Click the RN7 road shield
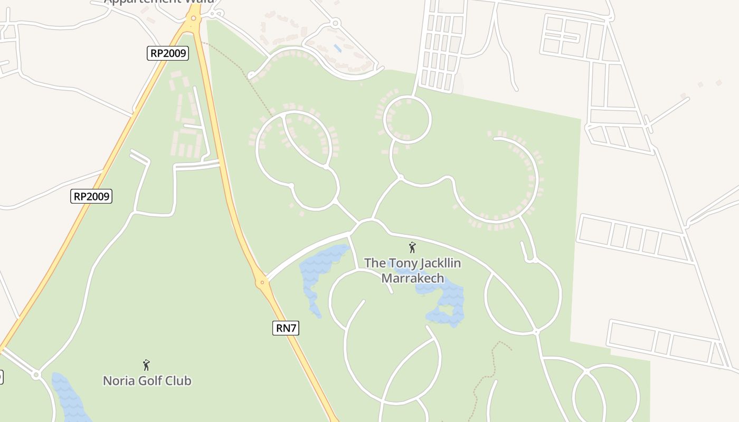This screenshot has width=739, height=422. [287, 328]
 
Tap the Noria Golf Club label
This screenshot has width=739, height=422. [147, 380]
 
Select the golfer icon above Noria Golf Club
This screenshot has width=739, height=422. [146, 365]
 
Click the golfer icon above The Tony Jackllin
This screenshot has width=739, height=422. [412, 247]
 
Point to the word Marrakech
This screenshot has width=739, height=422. [413, 278]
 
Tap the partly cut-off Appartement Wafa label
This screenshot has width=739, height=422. [158, 2]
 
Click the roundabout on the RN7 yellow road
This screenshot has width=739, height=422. [262, 283]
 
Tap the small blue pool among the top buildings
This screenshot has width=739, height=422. [337, 49]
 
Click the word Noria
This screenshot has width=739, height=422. [117, 380]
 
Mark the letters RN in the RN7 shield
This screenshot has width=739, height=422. [283, 328]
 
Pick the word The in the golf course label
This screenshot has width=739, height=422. [374, 263]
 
